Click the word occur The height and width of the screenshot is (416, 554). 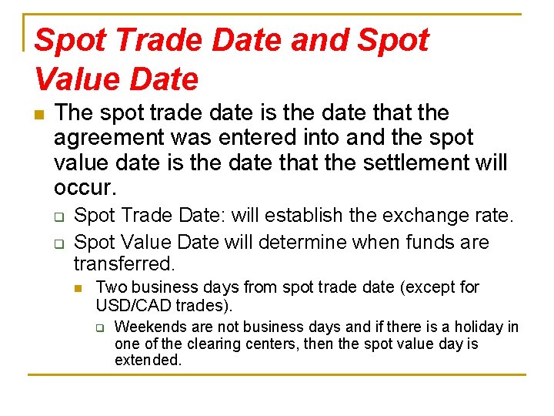pyautogui.click(x=85, y=187)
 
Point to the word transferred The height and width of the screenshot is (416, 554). pyautogui.click(x=124, y=263)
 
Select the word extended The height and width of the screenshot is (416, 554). pyautogui.click(x=148, y=360)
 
